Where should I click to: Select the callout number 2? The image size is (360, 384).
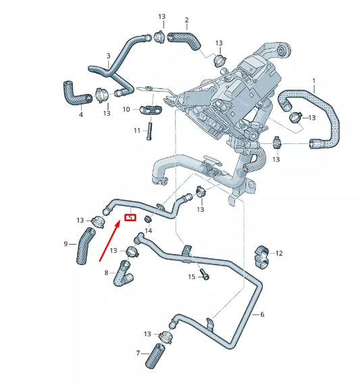186,20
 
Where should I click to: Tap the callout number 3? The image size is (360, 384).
108,55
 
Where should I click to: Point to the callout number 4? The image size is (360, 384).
80,115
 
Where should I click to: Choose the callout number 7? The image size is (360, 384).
138,354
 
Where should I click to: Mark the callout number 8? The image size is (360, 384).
106,272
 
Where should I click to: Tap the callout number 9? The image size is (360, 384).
66,243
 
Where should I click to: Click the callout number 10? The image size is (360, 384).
126,109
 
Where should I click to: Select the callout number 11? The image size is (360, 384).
136,130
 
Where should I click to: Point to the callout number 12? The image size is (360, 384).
279,254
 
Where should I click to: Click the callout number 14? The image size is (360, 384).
149,231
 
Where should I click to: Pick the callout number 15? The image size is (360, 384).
192,277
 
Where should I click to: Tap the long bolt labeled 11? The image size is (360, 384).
150,130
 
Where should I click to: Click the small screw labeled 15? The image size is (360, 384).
205,275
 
